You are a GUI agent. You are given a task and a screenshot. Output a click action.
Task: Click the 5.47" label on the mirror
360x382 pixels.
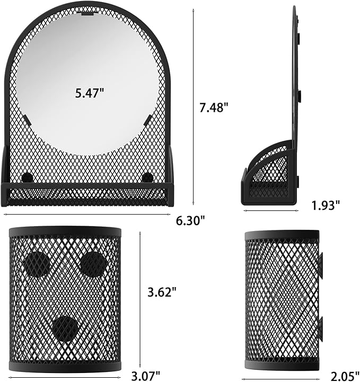coord(90,93)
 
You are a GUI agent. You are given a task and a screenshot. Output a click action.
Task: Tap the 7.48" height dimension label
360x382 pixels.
coord(214,108)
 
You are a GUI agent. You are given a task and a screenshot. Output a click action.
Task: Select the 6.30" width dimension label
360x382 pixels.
coord(190,221)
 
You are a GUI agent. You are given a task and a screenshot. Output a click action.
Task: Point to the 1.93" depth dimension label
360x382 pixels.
coord(326,206)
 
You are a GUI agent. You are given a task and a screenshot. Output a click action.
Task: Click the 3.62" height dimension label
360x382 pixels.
coord(162,292)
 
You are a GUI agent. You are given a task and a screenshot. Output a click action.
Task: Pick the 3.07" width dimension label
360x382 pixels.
coord(146,376)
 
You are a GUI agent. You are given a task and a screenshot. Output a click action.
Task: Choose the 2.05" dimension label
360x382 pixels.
coord(345,376)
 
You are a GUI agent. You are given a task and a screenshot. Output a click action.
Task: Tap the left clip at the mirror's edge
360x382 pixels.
coord(28,120)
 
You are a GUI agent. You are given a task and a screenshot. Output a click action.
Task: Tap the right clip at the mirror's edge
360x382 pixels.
coord(148,120)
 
